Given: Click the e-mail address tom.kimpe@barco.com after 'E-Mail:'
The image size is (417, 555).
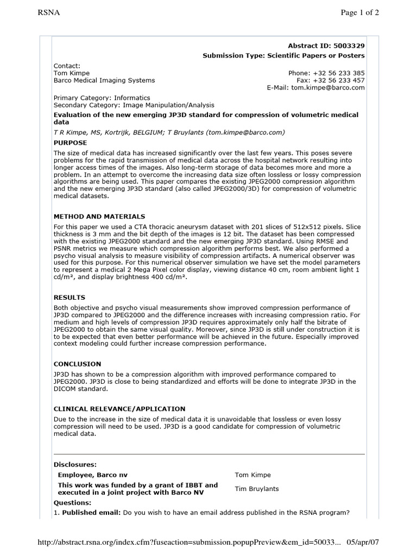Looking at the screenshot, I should pos(328,88).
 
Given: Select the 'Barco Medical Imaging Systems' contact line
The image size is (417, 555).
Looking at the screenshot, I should pos(104,80).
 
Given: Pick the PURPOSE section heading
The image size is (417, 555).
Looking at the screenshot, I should pos(70,143).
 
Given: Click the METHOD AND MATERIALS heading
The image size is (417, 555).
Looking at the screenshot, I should pos(99,216).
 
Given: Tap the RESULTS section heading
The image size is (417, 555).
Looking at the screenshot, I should pos(69,298).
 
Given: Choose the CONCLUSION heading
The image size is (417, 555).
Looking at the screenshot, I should pos(77,364).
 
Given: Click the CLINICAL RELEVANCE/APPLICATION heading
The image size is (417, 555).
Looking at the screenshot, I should pos(119,409).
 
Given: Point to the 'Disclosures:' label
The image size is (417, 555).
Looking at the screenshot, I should pos(75,464).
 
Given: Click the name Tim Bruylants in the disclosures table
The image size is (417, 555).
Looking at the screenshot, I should pos(257,489).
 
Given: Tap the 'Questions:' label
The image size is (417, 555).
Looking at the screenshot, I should pos(73,503).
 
